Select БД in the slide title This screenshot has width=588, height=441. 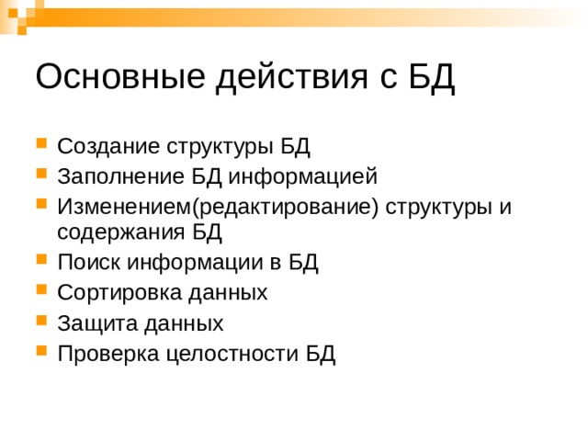click(431, 77)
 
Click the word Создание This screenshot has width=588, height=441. click(108, 146)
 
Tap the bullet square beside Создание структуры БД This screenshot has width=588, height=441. click(42, 145)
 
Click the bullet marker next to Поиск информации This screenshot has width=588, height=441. click(42, 264)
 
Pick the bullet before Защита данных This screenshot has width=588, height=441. click(42, 322)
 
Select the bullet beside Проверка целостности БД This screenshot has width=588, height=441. click(42, 352)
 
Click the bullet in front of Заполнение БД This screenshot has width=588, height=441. click(42, 175)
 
